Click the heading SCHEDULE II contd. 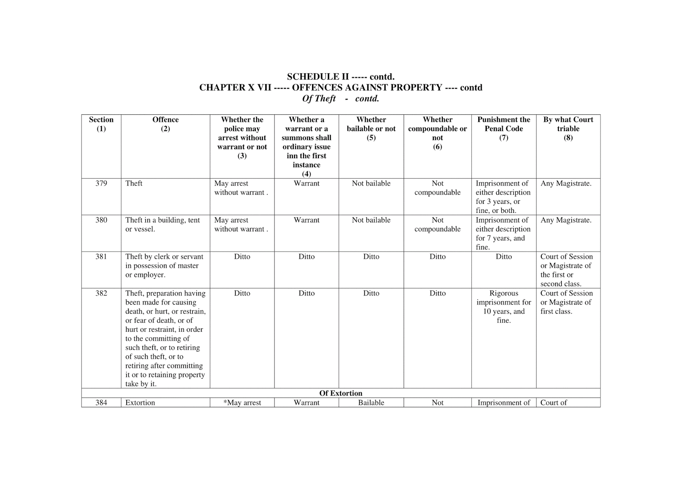pos(341,77)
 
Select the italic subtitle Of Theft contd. pos(341,99)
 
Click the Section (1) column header pos(101,124)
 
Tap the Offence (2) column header pos(165,124)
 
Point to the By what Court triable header pos(568,128)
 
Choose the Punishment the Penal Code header pos(503,128)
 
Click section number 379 pos(101,183)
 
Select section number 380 pos(101,220)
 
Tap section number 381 pos(101,257)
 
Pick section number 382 pos(101,293)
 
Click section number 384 pos(101,403)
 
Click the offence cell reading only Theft pos(134,183)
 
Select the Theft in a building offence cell pos(162,224)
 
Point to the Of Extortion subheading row pos(341,393)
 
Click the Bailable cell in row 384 pos(371,403)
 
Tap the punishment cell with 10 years pos(503,307)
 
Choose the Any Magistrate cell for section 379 pos(566,183)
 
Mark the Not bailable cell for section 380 pos(371,220)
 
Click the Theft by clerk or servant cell pos(164,265)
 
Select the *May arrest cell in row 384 pos(242,403)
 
